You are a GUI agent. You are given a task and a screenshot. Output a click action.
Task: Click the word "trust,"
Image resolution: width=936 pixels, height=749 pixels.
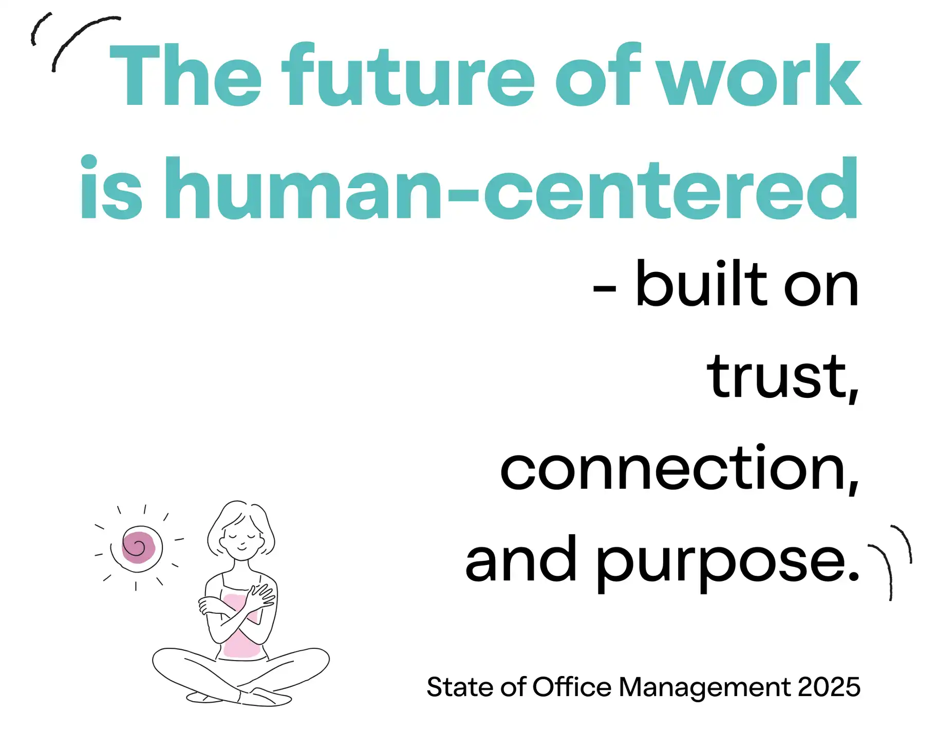[783, 377]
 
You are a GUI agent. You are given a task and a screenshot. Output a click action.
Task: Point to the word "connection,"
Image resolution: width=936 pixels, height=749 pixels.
[679, 468]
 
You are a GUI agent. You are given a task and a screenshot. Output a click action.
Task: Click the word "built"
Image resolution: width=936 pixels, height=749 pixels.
[702, 283]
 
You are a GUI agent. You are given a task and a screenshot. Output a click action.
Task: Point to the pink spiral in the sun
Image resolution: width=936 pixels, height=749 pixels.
[138, 547]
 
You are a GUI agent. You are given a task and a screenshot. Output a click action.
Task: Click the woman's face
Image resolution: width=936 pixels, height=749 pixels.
[242, 539]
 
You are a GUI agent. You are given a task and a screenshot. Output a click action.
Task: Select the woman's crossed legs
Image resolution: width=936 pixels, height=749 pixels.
[240, 675]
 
